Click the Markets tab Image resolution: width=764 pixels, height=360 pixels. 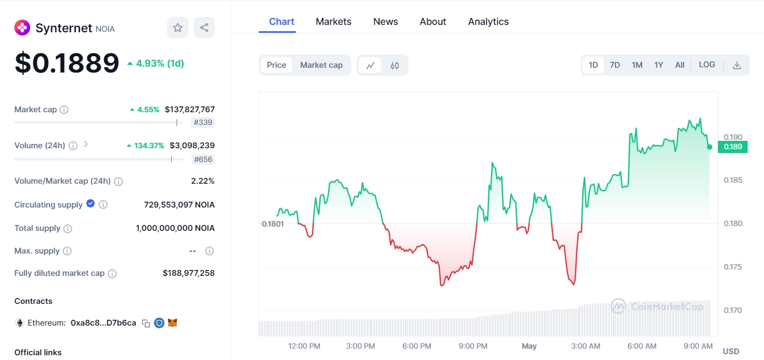pyautogui.click(x=333, y=22)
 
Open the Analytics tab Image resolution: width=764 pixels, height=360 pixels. pyautogui.click(x=488, y=22)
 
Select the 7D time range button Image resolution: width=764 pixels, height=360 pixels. pyautogui.click(x=614, y=65)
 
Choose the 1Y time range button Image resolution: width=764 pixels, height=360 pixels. pyautogui.click(x=658, y=65)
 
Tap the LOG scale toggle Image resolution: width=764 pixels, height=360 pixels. pyautogui.click(x=707, y=65)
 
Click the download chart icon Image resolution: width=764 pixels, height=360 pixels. pyautogui.click(x=736, y=65)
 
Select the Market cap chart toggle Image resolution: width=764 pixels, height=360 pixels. pyautogui.click(x=321, y=65)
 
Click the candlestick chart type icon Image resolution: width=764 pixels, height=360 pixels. pyautogui.click(x=395, y=66)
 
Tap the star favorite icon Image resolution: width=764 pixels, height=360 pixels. pyautogui.click(x=178, y=28)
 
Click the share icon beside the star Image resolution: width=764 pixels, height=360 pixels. pyautogui.click(x=204, y=28)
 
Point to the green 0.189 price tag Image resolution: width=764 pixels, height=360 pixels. pyautogui.click(x=733, y=147)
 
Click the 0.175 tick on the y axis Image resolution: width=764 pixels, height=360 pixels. pyautogui.click(x=733, y=267)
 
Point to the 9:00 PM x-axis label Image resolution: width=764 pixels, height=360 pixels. pyautogui.click(x=473, y=346)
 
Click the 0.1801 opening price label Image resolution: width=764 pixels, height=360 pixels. pyautogui.click(x=272, y=224)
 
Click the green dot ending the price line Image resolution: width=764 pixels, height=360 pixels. pyautogui.click(x=710, y=147)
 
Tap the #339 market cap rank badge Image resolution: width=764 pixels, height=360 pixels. pyautogui.click(x=203, y=123)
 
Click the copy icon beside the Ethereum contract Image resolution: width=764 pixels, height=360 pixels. pyautogui.click(x=146, y=323)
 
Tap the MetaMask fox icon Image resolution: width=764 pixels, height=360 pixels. pyautogui.click(x=172, y=322)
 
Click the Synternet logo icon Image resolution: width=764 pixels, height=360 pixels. pyautogui.click(x=22, y=28)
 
